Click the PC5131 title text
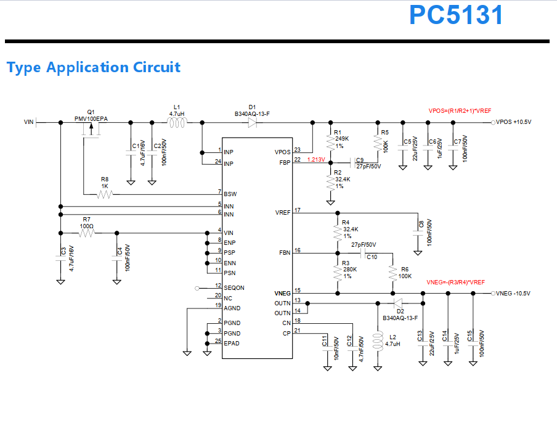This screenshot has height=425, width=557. pos(456,15)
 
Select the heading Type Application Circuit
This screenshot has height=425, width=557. pos(94,67)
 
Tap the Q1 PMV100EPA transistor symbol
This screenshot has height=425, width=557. pos(91,130)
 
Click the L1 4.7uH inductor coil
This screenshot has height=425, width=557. pos(177,123)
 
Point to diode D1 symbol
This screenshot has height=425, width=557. pos(252,123)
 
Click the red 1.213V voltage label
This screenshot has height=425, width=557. pos(316,160)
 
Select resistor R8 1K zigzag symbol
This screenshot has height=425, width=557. pos(105,194)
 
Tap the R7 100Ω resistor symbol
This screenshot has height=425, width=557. pos(87,233)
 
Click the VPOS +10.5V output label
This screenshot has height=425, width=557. pos(513,122)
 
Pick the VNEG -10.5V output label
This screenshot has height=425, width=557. pos(513,294)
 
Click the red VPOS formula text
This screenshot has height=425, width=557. pos(460,111)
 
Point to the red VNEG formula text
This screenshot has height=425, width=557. pos(455,283)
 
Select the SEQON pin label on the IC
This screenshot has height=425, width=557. pos(234,287)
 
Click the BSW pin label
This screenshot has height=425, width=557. pos(230,194)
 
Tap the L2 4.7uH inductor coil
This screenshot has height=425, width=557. pos(378,342)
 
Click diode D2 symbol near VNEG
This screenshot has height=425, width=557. pos(398,303)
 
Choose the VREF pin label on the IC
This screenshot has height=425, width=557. pos(283,213)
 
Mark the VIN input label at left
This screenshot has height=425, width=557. pos(28,122)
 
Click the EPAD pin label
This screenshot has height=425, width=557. pos(232,343)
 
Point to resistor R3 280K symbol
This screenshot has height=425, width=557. pos(338,273)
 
